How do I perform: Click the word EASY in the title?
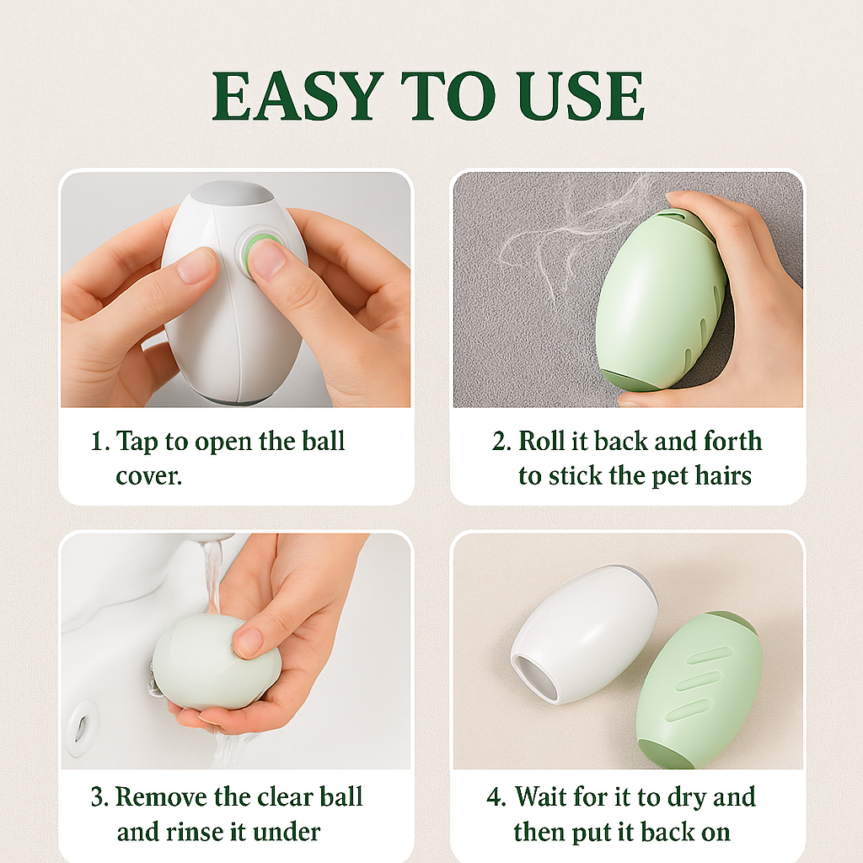click(287, 96)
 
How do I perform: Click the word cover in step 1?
click(148, 476)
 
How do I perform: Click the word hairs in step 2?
click(717, 476)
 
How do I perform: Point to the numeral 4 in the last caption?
click(495, 798)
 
